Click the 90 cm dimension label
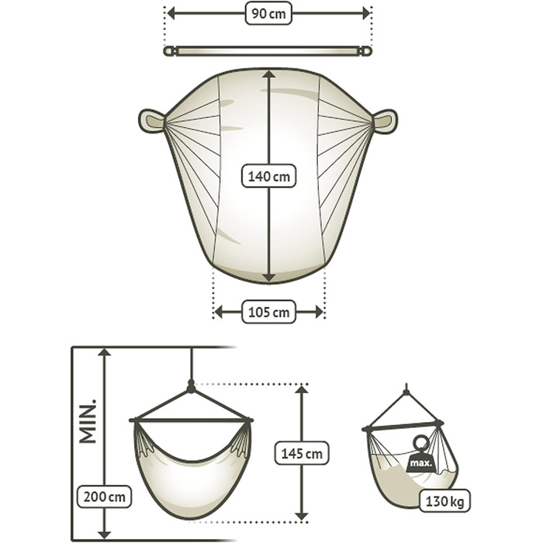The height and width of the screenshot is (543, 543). point(268,13)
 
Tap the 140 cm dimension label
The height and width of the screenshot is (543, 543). point(268,176)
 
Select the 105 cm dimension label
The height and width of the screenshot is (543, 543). point(268,312)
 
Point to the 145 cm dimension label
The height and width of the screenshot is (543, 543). point(302,453)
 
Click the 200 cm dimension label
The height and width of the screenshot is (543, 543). point(104,496)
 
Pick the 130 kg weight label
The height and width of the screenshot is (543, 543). point(444,501)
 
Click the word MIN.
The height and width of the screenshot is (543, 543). point(88,421)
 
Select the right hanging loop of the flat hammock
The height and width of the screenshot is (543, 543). point(385,121)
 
